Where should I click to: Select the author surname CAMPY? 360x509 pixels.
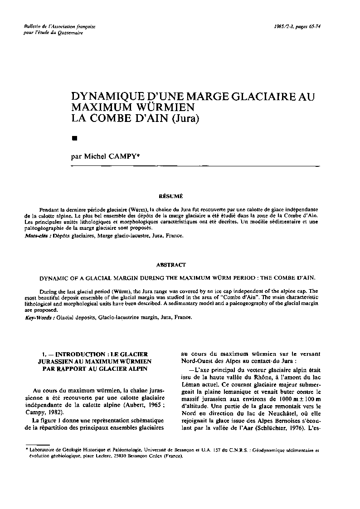coord(127,156)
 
